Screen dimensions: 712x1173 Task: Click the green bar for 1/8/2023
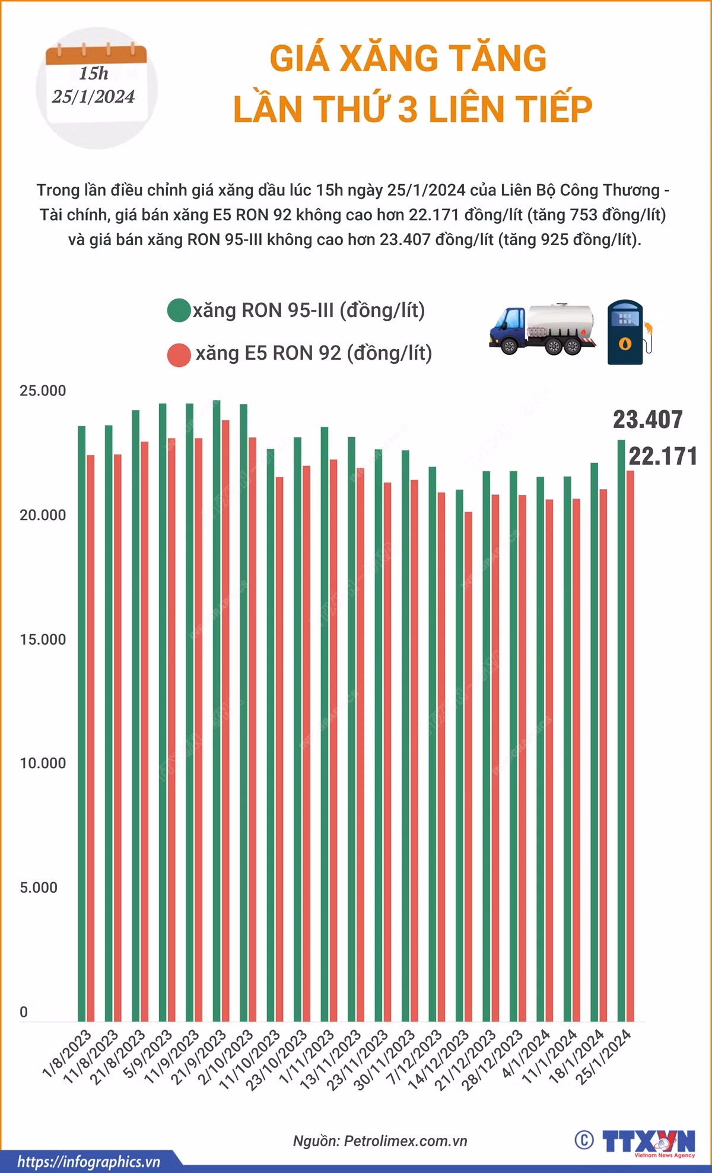click(x=81, y=724)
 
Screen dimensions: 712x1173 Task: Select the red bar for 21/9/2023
click(x=225, y=721)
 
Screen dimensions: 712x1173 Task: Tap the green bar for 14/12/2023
click(x=459, y=756)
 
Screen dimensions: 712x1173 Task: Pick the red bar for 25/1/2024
click(x=630, y=746)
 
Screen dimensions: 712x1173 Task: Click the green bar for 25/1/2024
click(x=621, y=731)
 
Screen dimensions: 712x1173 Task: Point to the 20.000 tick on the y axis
click(x=43, y=515)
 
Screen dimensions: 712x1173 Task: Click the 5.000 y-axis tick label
click(x=39, y=887)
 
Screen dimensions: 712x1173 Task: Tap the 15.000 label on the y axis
click(x=43, y=639)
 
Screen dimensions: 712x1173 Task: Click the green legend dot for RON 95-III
click(x=179, y=310)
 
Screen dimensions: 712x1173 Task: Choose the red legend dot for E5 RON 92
click(x=179, y=354)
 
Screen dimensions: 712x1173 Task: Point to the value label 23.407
click(x=648, y=420)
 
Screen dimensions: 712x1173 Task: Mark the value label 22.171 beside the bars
click(x=663, y=456)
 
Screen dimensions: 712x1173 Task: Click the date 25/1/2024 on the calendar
click(x=93, y=97)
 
